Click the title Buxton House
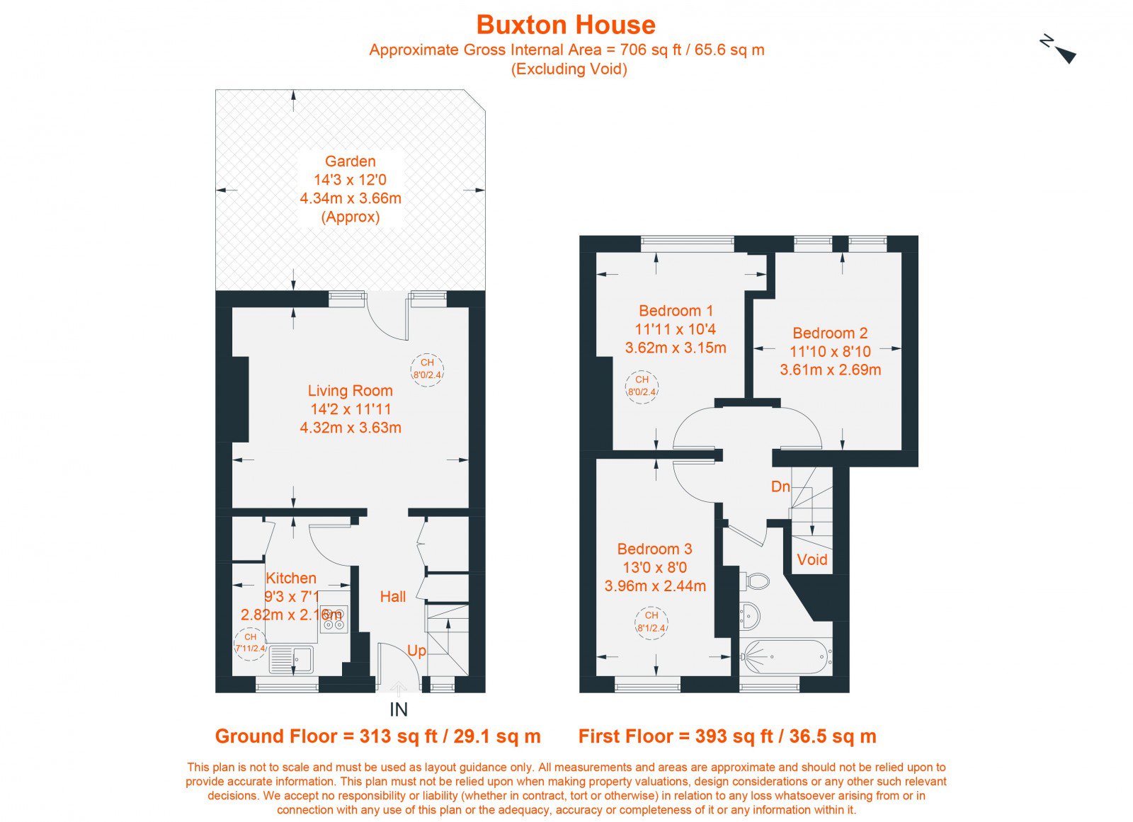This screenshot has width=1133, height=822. (x=566, y=25)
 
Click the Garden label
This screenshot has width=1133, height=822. (x=350, y=161)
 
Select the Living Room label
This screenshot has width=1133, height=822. (x=350, y=391)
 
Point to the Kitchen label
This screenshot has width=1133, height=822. (x=291, y=578)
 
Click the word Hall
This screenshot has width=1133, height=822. (x=393, y=597)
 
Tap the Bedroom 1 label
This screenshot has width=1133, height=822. (x=676, y=311)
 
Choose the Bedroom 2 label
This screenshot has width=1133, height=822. (x=830, y=333)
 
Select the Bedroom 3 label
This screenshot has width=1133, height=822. (x=654, y=549)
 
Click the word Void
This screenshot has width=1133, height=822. (x=812, y=559)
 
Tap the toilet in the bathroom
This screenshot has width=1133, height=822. (x=753, y=581)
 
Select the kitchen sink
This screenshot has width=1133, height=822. (x=291, y=659)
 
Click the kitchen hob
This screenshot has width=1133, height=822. (x=334, y=620)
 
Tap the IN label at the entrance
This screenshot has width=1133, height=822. (x=399, y=709)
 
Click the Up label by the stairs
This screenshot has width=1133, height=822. (x=416, y=651)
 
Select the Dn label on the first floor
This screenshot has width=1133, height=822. (x=780, y=486)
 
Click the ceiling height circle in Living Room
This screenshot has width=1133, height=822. (x=428, y=370)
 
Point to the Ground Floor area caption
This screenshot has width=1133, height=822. (x=378, y=736)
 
